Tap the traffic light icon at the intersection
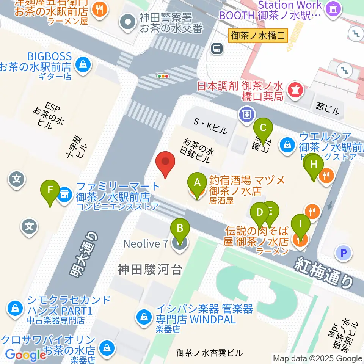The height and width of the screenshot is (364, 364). (x=163, y=76)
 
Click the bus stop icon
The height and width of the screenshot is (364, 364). (x=217, y=48)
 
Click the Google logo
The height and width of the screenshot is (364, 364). (x=25, y=355)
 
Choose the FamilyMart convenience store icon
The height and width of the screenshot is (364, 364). (x=64, y=195)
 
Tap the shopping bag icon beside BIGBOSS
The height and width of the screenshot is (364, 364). (x=82, y=65)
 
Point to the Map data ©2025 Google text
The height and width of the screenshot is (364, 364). (x=317, y=358)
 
